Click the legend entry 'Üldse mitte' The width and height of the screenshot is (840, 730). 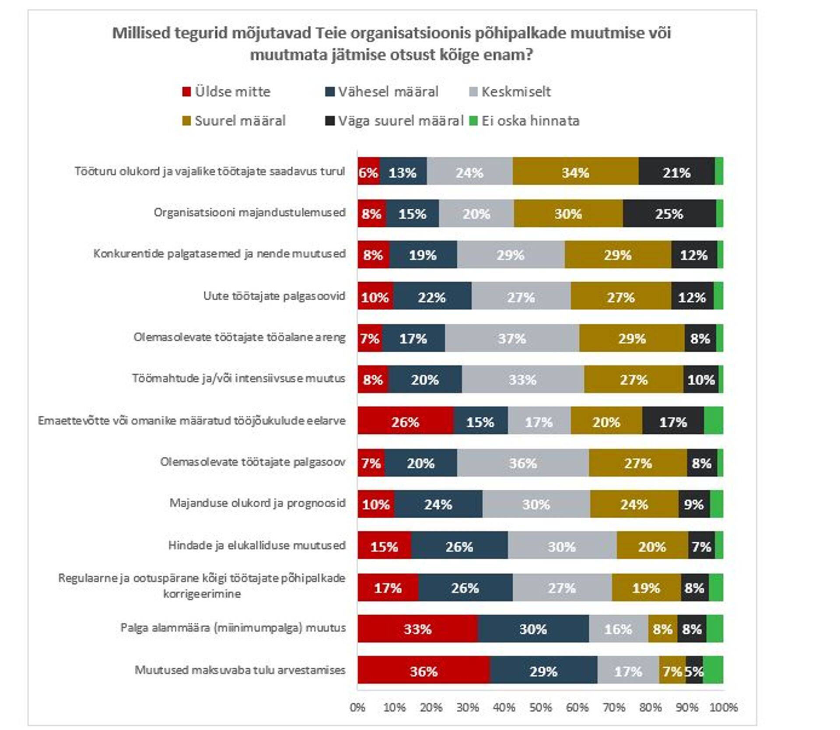click(232, 92)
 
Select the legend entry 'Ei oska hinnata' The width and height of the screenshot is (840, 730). click(530, 121)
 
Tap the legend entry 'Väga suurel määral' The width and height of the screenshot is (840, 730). click(400, 121)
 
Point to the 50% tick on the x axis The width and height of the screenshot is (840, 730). click(540, 707)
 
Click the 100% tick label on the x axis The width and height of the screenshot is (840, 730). click(723, 707)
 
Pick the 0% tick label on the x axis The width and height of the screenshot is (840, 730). click(357, 707)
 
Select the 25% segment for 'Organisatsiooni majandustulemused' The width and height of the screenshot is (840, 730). click(669, 214)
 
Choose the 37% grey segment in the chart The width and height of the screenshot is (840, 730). click(512, 338)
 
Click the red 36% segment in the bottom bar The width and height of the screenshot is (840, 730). click(423, 670)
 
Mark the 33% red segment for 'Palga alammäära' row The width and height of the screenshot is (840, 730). click(417, 629)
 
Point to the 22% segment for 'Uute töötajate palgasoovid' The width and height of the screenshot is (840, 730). click(432, 297)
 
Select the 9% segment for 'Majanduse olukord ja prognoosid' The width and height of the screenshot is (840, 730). click(694, 504)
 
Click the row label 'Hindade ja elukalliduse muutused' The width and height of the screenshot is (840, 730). click(257, 545)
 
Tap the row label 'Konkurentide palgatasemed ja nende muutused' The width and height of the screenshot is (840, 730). click(220, 254)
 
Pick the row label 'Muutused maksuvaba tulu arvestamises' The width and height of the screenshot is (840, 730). click(240, 670)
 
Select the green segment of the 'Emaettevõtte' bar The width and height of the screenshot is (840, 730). click(713, 421)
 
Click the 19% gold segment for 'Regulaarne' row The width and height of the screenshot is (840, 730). click(646, 587)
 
